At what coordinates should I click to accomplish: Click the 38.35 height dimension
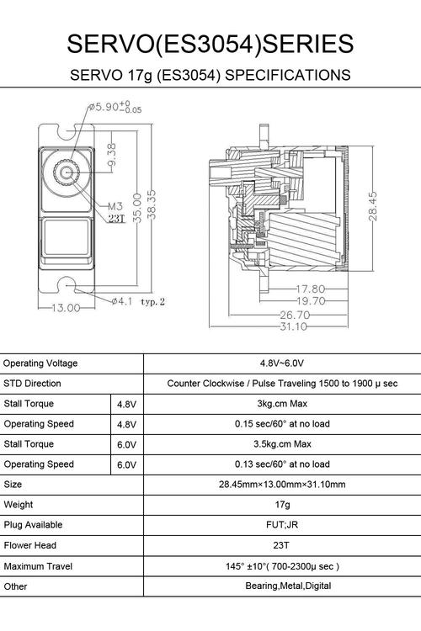[151, 205]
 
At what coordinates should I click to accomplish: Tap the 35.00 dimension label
[137, 208]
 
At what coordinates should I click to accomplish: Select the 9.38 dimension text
[111, 155]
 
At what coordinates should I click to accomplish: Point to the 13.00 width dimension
[66, 308]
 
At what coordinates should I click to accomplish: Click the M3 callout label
[115, 206]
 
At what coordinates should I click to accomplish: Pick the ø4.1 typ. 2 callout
[138, 301]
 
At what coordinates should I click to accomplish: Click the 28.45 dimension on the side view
[373, 206]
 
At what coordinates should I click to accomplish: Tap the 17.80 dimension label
[310, 289]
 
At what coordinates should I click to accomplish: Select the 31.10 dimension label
[293, 326]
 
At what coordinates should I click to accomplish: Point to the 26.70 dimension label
[295, 315]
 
